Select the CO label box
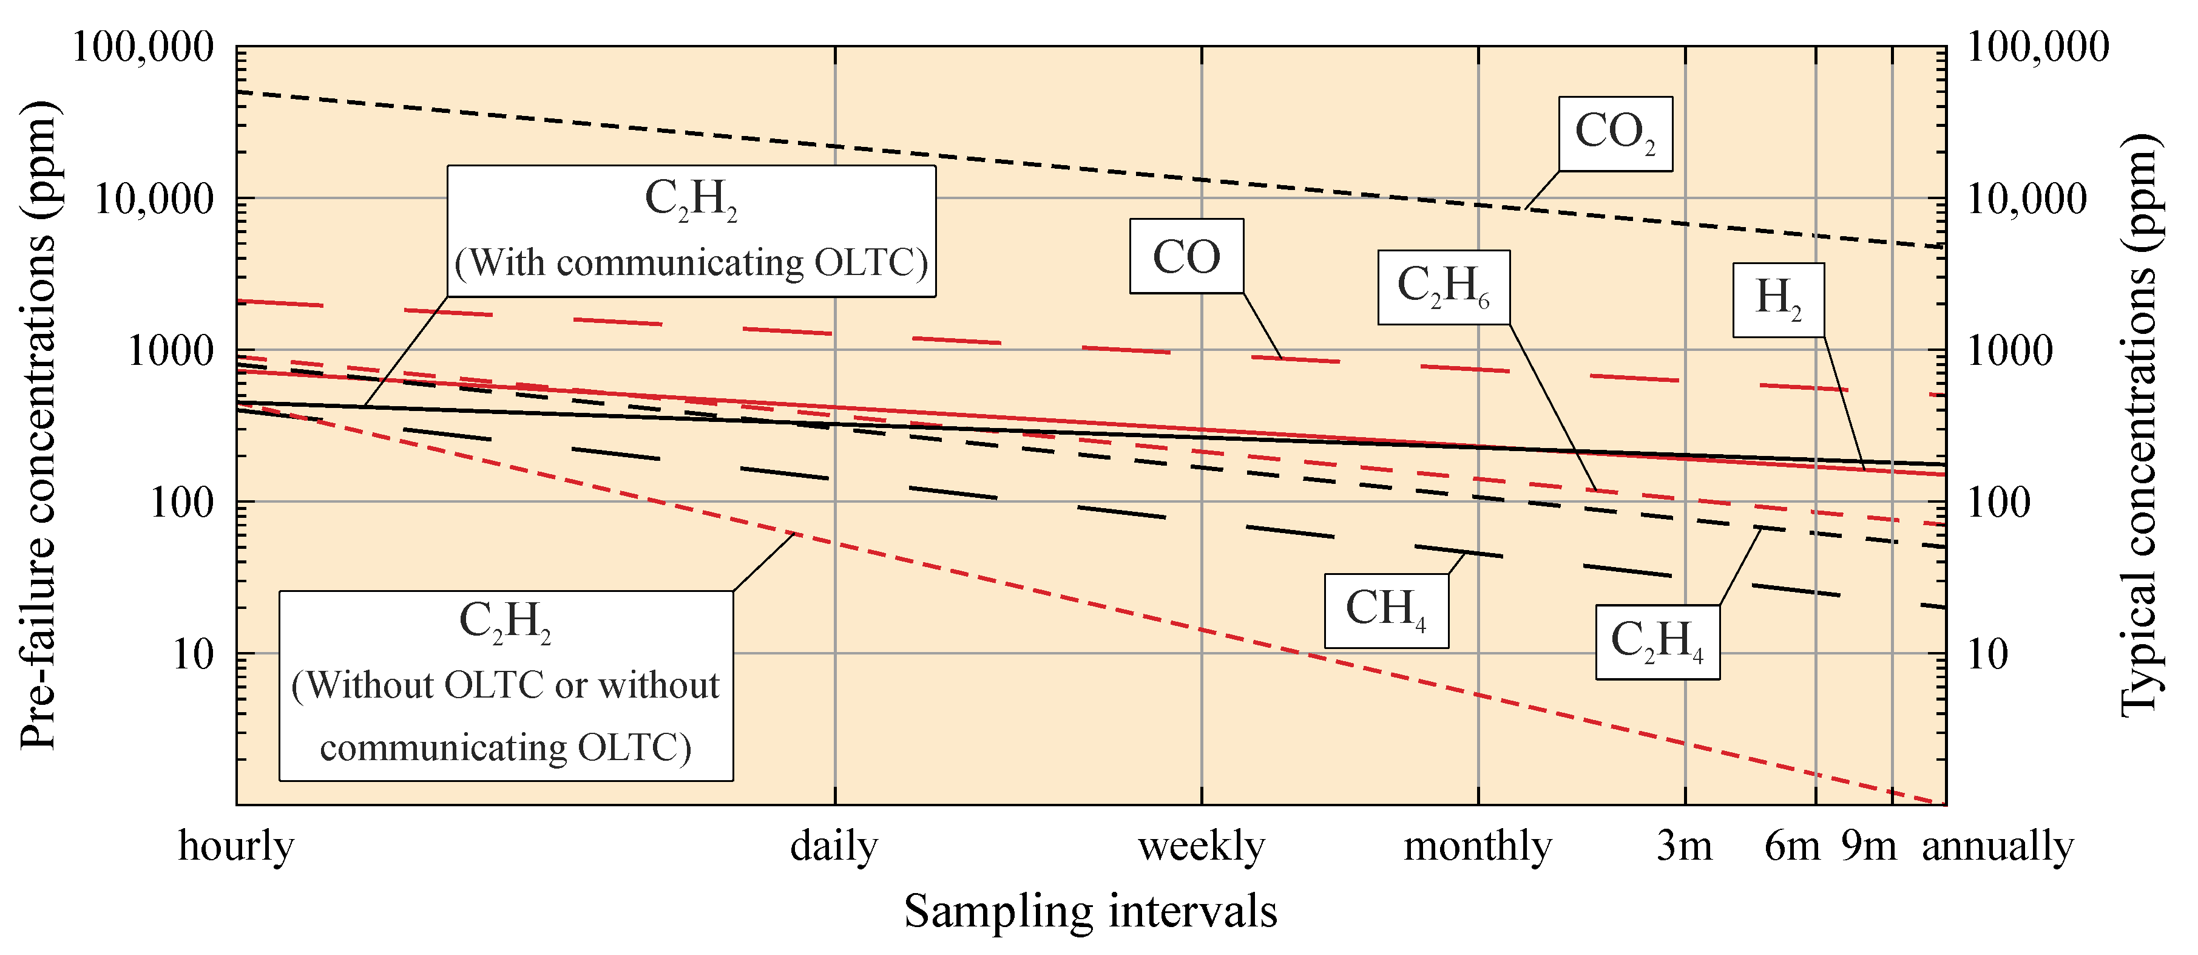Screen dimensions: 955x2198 click(x=1186, y=256)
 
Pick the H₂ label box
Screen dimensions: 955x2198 click(x=1778, y=299)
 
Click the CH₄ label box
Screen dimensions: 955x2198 click(x=1385, y=610)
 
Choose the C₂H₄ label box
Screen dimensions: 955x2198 click(x=1657, y=642)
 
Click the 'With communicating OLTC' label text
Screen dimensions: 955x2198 click(x=691, y=263)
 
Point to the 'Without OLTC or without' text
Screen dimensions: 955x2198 click(x=506, y=685)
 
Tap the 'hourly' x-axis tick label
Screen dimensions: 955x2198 click(x=236, y=846)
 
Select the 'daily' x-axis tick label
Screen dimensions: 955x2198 click(x=834, y=846)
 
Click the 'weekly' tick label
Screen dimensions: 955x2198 click(x=1202, y=846)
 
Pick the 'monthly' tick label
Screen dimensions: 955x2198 click(x=1478, y=846)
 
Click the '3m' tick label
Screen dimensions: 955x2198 click(x=1685, y=846)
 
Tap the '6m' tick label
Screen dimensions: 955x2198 click(x=1792, y=846)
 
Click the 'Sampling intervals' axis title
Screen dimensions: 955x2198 click(x=1091, y=911)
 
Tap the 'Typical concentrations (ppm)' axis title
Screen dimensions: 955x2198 click(x=2142, y=427)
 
